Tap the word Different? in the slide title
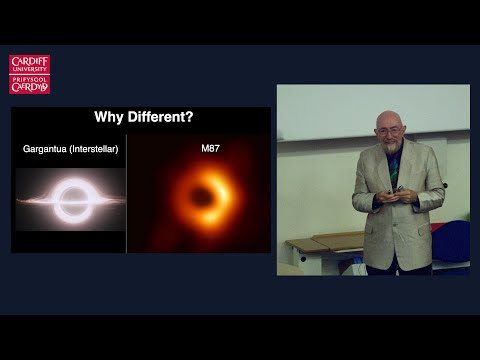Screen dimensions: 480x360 [160, 117]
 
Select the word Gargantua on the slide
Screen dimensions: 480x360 [45, 149]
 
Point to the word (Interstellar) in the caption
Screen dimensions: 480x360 [94, 149]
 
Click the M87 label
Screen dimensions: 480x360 [210, 148]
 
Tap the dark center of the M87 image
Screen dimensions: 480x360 [201, 197]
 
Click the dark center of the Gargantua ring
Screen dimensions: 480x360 [72, 198]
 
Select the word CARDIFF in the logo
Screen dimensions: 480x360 [30, 61]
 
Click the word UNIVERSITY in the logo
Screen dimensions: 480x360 [30, 69]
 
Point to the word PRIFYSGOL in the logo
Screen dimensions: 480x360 [30, 80]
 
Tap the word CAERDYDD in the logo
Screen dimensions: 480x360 [30, 87]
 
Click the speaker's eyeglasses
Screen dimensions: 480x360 [389, 131]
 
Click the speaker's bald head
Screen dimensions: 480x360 [388, 118]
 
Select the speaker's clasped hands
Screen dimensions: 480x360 [396, 196]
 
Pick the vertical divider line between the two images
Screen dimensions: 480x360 [126, 194]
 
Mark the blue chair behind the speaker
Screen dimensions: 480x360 [451, 241]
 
